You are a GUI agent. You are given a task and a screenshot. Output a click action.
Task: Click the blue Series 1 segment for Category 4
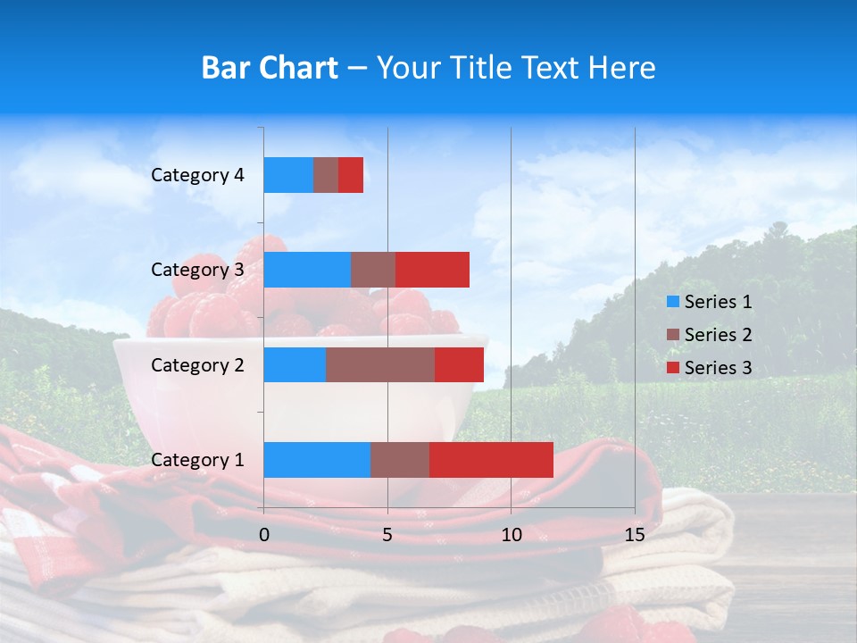(288, 175)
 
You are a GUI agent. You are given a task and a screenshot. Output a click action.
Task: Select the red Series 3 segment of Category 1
(491, 460)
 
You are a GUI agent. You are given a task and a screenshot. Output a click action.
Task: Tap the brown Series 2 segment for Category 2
(380, 364)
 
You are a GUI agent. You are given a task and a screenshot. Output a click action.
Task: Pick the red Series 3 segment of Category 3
(432, 270)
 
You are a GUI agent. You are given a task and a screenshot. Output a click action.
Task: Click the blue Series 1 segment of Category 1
(317, 460)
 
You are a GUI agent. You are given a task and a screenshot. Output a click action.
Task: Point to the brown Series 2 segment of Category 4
(326, 175)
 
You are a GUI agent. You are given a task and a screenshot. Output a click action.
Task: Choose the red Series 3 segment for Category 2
(459, 364)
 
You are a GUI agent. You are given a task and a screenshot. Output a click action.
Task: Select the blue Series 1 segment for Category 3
(307, 270)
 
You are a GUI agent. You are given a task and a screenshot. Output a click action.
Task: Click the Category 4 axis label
(197, 175)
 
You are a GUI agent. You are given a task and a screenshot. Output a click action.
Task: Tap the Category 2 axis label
(197, 364)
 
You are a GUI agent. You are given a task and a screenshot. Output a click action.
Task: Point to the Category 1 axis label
(197, 460)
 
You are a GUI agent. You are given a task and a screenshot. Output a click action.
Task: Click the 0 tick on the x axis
(264, 535)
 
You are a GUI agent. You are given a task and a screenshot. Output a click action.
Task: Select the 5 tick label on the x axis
(387, 535)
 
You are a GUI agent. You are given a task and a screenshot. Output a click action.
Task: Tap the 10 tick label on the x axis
(511, 535)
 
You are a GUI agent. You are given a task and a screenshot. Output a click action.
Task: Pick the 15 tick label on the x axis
(635, 535)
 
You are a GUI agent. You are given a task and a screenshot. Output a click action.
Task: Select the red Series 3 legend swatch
(673, 368)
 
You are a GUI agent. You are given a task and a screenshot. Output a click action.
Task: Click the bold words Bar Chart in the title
(269, 68)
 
